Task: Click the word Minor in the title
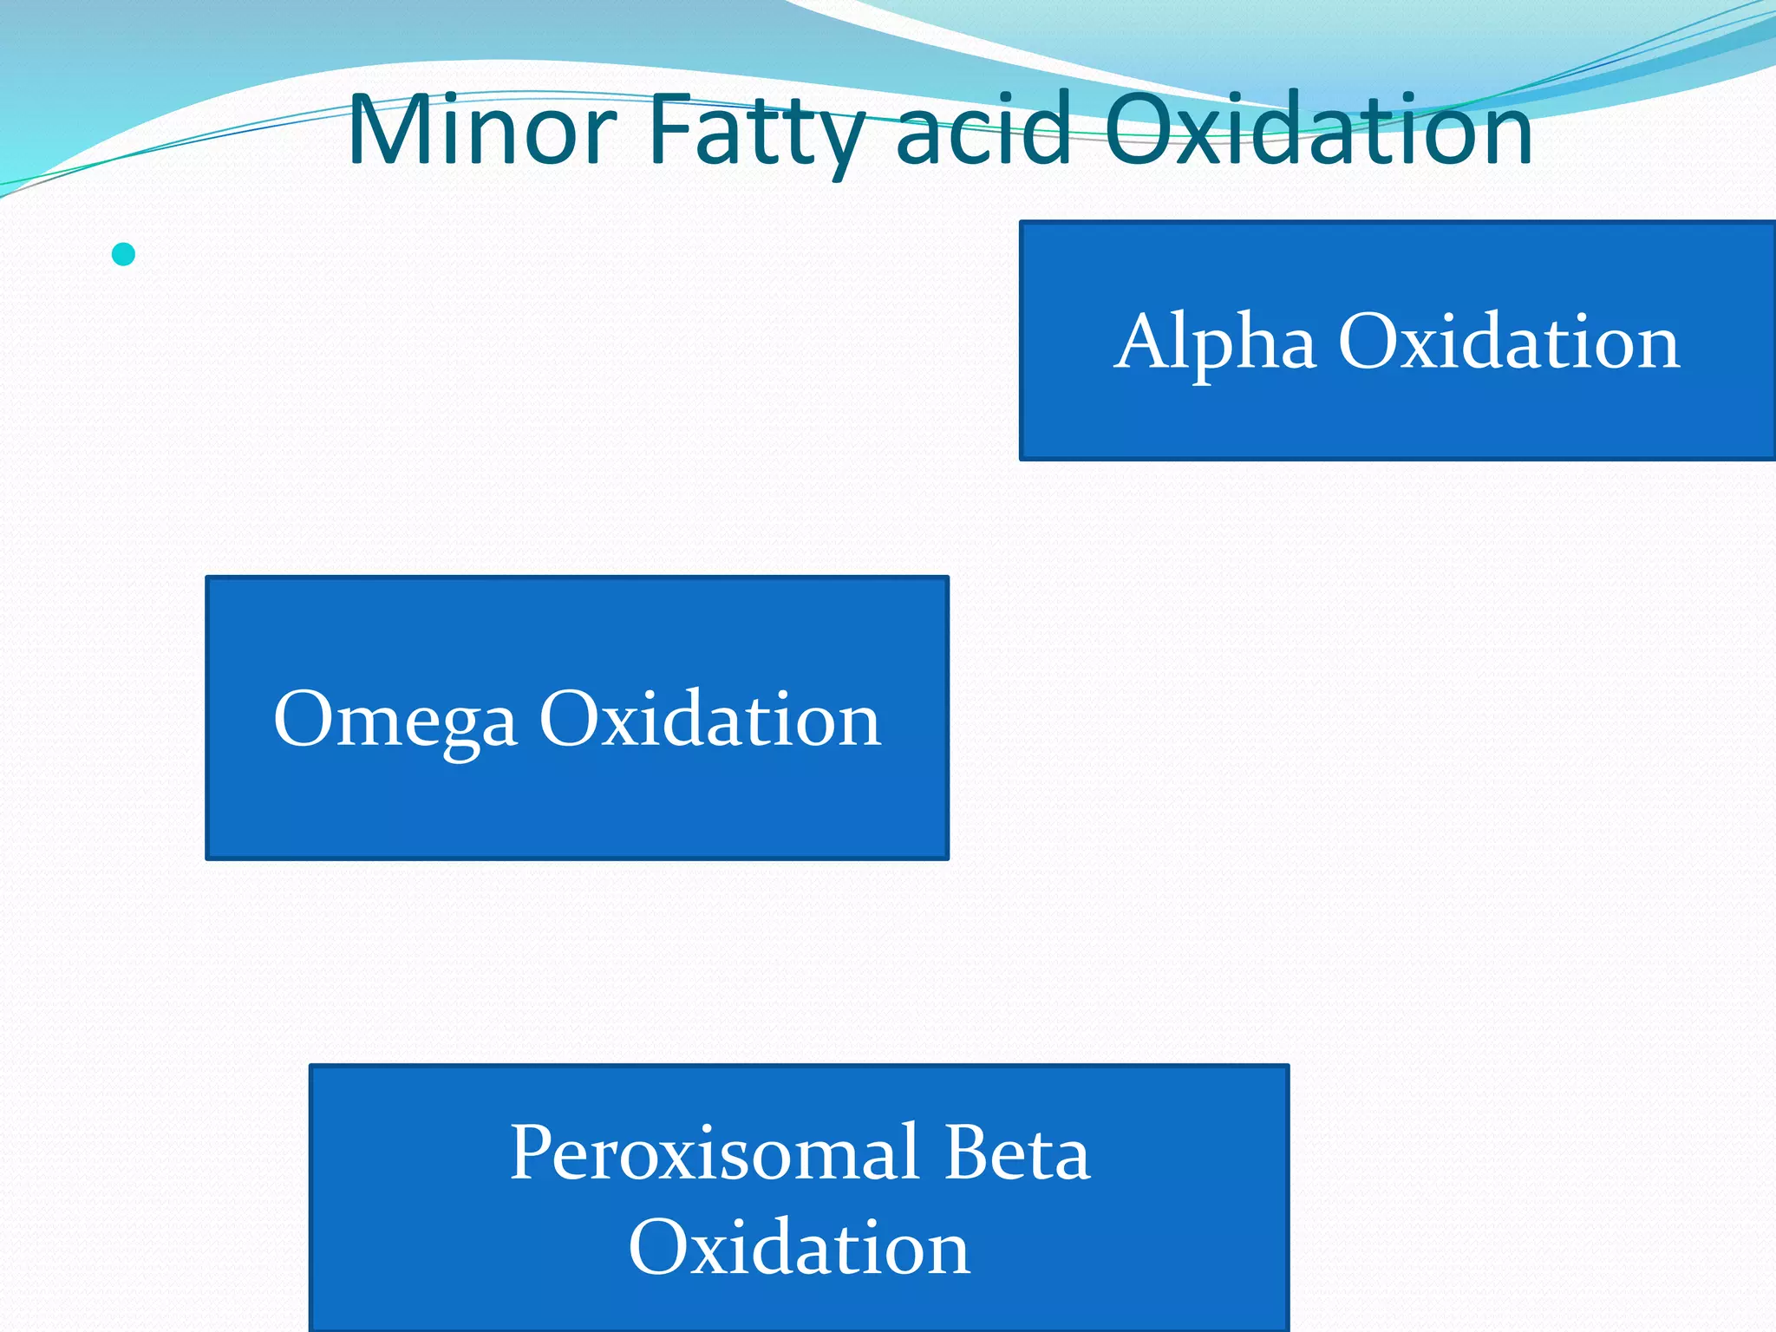point(481,130)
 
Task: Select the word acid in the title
point(983,130)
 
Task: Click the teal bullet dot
point(124,254)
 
